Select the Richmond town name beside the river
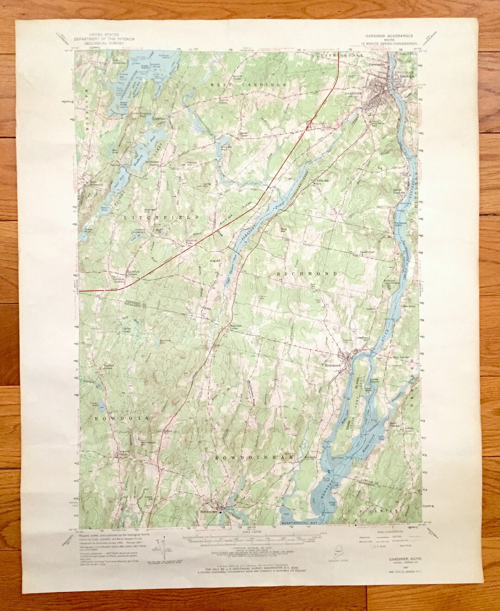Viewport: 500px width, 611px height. pos(332,365)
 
